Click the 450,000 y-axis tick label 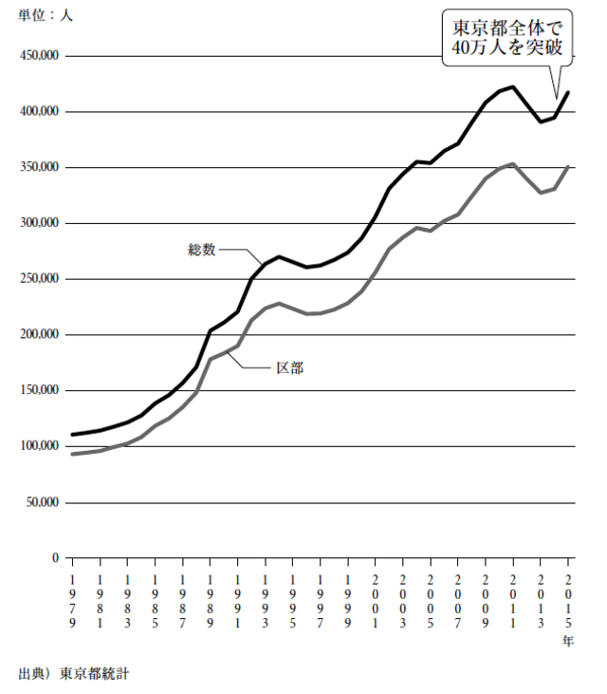40,56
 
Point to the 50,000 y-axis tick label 43,502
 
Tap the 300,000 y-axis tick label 40,223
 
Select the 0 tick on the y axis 56,558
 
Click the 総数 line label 202,251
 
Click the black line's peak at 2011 513,86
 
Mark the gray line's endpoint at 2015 568,166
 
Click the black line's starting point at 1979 73,435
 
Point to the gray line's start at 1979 73,454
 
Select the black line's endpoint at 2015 568,92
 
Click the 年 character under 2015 568,642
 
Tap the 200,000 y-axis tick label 40,335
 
